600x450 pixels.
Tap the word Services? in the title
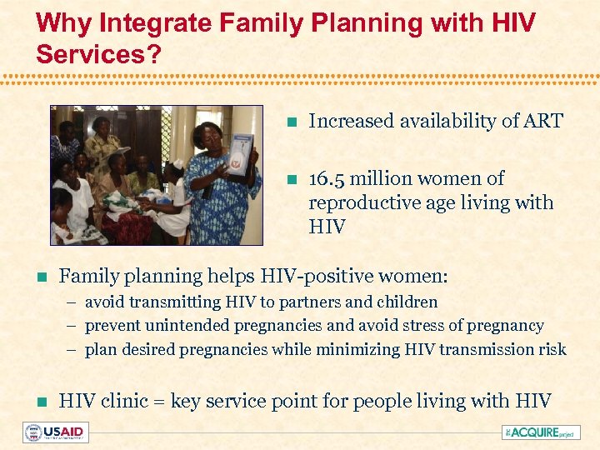tap(92, 54)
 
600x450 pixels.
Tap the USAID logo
tap(56, 432)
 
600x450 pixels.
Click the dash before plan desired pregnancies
tap(73, 350)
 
